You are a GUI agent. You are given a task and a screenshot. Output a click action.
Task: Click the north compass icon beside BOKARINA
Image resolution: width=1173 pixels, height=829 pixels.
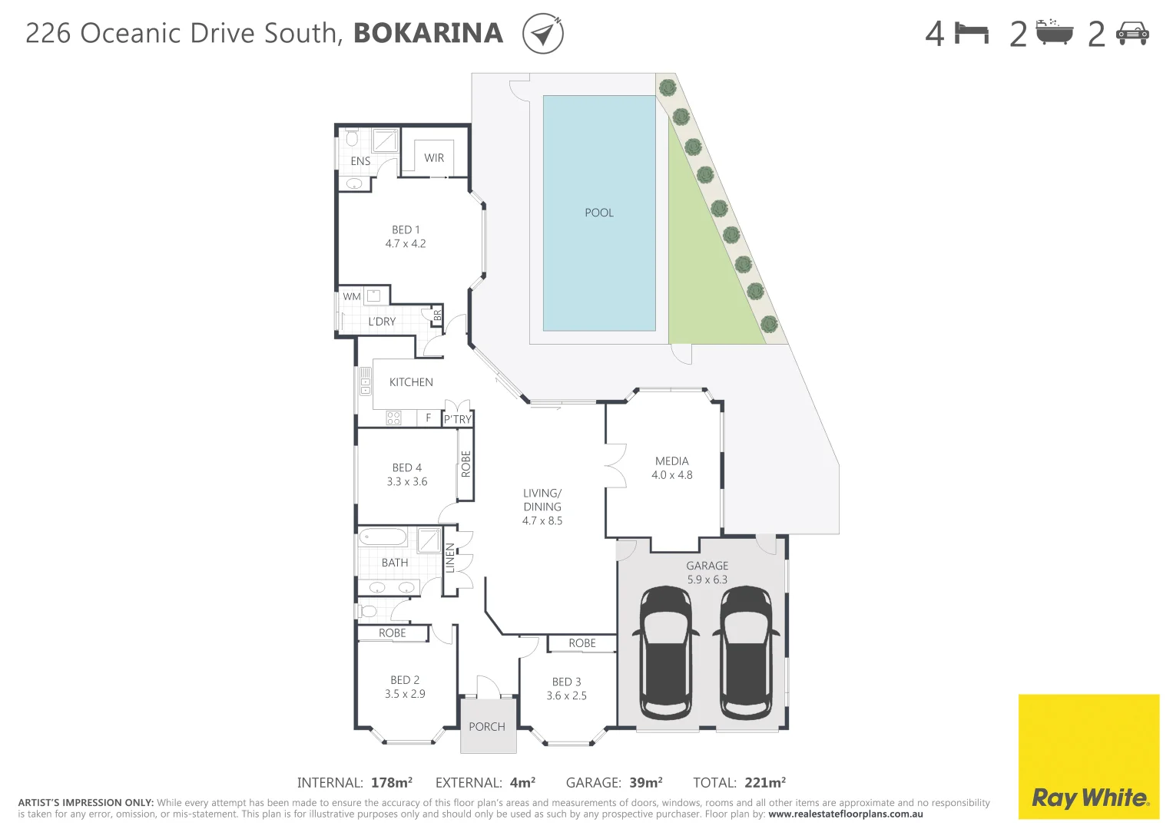[x=543, y=34]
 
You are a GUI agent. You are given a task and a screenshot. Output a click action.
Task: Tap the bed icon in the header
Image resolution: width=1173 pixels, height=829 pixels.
[x=971, y=33]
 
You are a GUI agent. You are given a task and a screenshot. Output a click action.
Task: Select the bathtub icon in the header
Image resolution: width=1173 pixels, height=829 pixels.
[x=1054, y=33]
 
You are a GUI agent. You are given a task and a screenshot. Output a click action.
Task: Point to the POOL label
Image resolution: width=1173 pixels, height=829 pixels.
[x=599, y=213]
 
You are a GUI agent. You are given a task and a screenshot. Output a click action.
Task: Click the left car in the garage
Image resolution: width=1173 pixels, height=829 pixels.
[x=665, y=652]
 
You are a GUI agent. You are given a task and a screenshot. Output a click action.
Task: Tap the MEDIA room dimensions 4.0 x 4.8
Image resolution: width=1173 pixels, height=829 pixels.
[x=671, y=475]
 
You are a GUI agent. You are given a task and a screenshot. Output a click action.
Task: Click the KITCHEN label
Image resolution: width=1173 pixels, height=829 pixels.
[x=411, y=382]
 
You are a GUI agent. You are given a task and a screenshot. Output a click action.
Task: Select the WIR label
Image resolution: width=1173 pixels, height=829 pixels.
[x=434, y=158]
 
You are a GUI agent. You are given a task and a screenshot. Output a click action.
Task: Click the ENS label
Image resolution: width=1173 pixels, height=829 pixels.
[x=360, y=161]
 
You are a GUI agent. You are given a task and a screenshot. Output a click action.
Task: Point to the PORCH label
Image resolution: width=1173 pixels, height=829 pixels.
[x=487, y=726]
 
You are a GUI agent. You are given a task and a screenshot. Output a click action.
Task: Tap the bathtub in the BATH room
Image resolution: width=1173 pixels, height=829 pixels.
[x=383, y=537]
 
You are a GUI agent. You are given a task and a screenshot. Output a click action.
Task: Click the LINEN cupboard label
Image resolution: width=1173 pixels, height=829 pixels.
[x=450, y=558]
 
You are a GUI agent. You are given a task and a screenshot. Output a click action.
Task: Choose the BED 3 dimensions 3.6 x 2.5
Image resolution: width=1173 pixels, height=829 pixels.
[x=566, y=695]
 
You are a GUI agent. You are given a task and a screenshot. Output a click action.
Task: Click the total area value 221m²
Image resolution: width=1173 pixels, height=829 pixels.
[x=764, y=782]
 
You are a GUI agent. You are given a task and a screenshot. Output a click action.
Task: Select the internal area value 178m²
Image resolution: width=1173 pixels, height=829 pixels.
[x=391, y=782]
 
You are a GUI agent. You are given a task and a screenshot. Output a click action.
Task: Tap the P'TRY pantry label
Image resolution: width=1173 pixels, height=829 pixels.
[x=458, y=419]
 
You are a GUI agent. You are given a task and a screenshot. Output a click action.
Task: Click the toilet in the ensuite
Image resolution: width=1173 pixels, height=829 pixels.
[x=352, y=138]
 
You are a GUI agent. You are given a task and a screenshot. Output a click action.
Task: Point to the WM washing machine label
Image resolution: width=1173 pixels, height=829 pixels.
[x=352, y=296]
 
